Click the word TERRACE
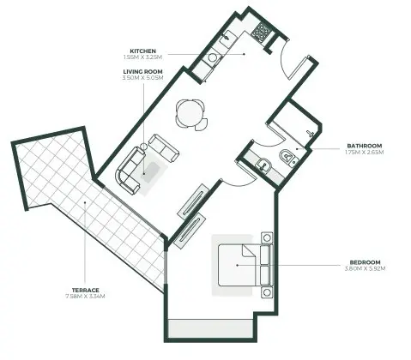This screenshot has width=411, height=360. (x=84, y=291)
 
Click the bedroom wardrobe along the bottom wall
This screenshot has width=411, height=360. (x=211, y=329)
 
